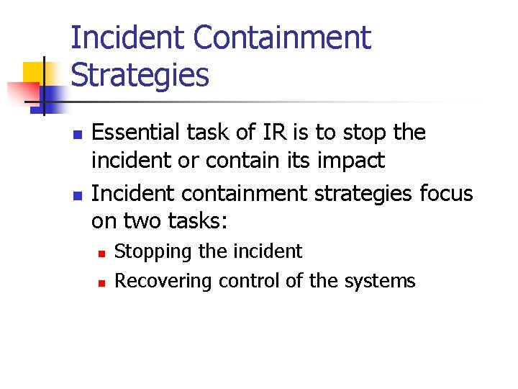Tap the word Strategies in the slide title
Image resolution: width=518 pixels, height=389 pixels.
point(140,75)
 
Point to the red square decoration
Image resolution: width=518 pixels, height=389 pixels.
point(22,92)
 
